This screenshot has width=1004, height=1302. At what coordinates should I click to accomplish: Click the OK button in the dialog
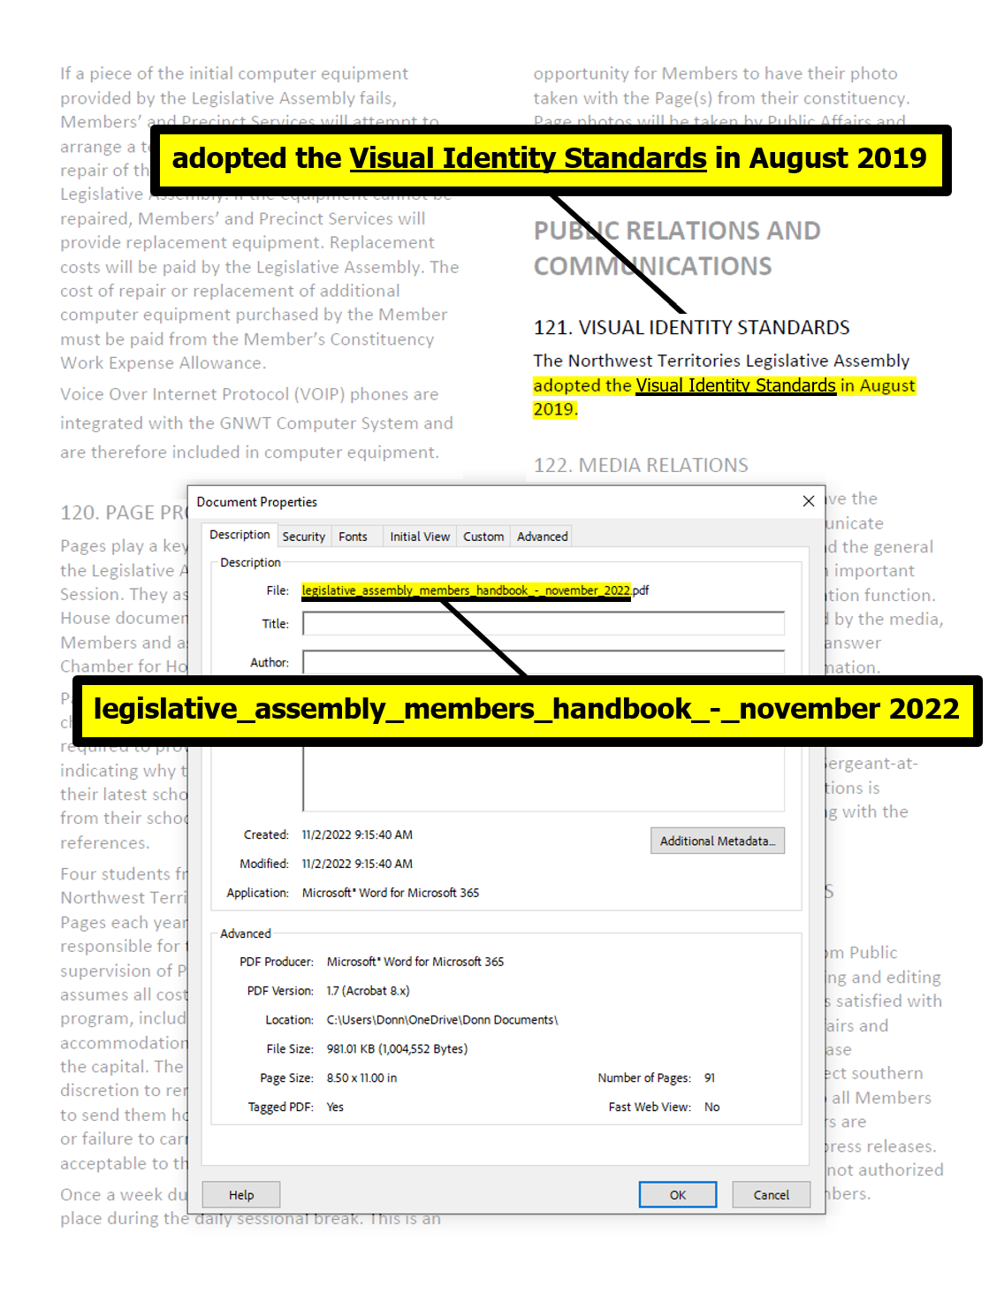(x=677, y=1194)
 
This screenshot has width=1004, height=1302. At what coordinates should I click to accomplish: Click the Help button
(x=241, y=1194)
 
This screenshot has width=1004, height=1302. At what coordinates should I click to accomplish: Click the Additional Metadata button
(x=717, y=841)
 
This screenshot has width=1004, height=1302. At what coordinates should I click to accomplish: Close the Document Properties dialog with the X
(x=808, y=501)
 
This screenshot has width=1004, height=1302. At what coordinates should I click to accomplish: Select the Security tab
(x=304, y=537)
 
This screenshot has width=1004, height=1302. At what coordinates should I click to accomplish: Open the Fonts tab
(x=353, y=537)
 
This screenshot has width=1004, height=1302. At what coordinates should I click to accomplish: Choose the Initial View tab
(x=420, y=537)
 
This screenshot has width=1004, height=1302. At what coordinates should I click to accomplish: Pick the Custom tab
(x=483, y=537)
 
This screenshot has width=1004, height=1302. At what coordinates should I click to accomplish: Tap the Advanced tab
(x=543, y=537)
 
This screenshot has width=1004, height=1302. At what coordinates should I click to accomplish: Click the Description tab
(x=240, y=535)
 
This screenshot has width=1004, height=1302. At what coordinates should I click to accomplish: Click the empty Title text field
(x=543, y=623)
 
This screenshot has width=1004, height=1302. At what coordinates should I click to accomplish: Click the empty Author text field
(x=543, y=661)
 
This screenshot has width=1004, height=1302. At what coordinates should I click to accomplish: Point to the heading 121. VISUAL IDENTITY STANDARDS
(x=691, y=328)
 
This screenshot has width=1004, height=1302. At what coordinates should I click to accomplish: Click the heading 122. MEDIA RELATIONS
(x=641, y=465)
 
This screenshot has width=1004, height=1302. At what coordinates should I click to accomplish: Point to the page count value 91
(x=710, y=1077)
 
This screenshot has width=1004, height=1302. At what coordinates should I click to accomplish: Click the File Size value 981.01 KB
(x=397, y=1048)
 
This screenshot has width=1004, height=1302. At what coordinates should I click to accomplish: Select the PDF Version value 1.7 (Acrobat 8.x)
(x=368, y=991)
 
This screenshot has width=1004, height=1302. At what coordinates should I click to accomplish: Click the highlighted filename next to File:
(x=475, y=590)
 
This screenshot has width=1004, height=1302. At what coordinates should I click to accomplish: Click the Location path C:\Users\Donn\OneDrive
(x=442, y=1020)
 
